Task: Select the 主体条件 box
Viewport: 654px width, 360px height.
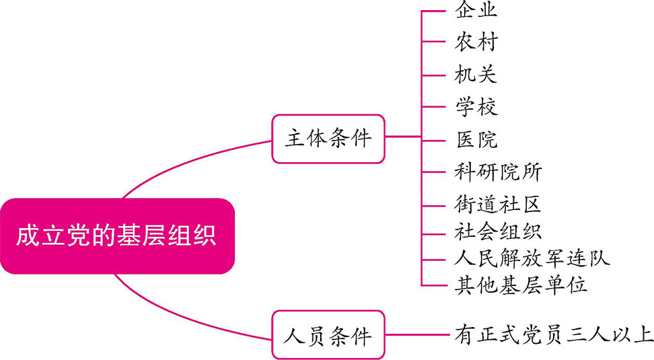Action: [x=328, y=139]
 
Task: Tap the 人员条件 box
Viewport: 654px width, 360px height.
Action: [x=328, y=334]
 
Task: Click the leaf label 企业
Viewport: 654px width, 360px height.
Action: [x=476, y=11]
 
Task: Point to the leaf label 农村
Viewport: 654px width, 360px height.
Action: [x=476, y=42]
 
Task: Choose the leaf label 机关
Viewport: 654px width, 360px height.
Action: [x=476, y=73]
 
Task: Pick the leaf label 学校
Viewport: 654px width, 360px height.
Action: [x=476, y=106]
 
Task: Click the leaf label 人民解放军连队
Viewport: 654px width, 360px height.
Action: [x=532, y=258]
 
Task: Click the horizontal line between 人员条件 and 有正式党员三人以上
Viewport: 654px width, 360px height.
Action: [x=417, y=334]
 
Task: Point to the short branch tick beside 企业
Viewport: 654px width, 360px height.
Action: [x=434, y=11]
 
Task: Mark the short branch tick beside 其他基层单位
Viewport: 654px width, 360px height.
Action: [x=434, y=285]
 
